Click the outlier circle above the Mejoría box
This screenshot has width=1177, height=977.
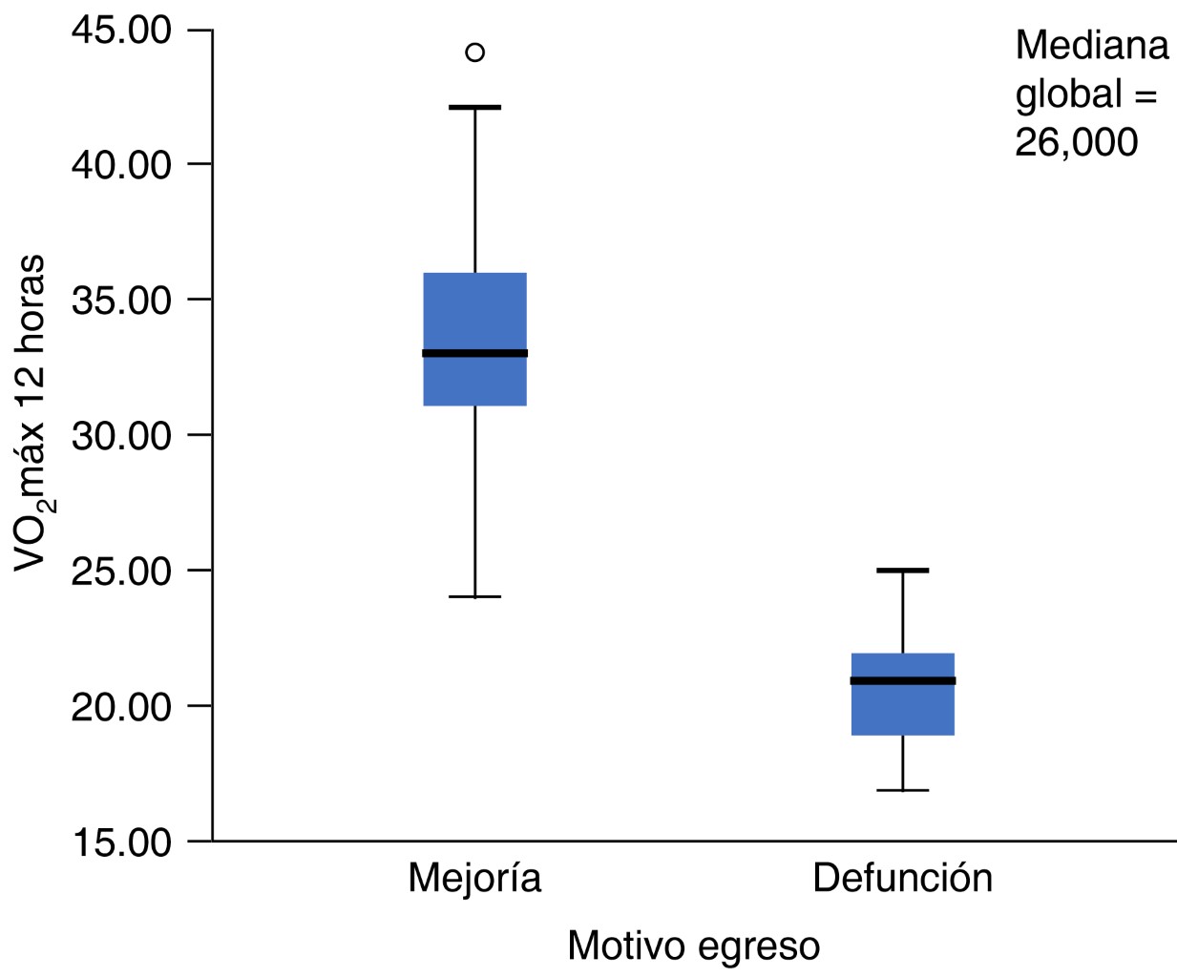tap(474, 52)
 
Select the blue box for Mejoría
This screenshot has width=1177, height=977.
tap(474, 315)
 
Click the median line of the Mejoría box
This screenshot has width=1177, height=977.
tap(474, 353)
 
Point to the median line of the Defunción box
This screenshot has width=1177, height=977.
tap(902, 680)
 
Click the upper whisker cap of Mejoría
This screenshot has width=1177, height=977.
tap(474, 108)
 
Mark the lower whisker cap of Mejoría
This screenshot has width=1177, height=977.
tap(474, 596)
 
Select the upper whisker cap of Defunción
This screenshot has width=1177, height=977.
tap(902, 571)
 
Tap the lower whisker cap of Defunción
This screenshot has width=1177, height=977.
tap(902, 790)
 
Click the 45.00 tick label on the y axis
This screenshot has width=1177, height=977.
tap(121, 31)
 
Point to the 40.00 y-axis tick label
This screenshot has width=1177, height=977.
tap(121, 165)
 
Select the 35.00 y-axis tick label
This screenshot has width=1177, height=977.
tap(121, 301)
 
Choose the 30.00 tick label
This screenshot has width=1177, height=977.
tap(121, 436)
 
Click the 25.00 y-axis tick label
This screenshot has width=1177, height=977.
tap(121, 572)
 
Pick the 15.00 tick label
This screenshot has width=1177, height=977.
tap(121, 842)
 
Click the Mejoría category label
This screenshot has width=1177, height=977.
tap(474, 879)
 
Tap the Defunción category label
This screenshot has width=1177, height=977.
tap(902, 878)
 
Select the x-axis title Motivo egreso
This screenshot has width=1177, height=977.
tap(693, 946)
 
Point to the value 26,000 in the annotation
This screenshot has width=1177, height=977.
tap(1076, 143)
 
